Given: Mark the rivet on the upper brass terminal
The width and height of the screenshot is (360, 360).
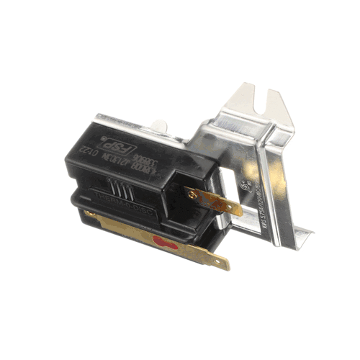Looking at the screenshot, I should click(192, 193).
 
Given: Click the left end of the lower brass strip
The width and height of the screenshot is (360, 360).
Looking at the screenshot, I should click(90, 215).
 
